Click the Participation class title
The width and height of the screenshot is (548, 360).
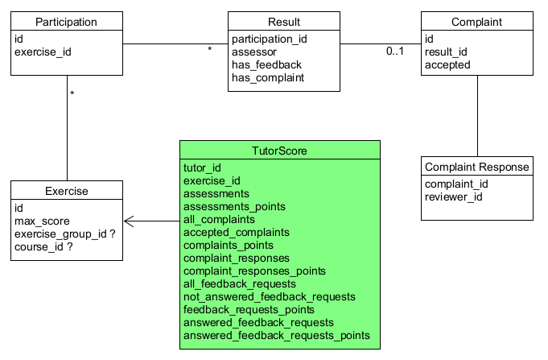click(x=66, y=22)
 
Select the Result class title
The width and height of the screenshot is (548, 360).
click(x=284, y=22)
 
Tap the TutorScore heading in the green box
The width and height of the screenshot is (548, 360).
click(x=279, y=151)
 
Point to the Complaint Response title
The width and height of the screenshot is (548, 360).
click(x=476, y=167)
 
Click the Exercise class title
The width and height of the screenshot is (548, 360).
click(x=67, y=191)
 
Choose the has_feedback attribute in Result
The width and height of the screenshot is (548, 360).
click(x=266, y=64)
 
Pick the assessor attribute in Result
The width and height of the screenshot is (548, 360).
click(x=254, y=52)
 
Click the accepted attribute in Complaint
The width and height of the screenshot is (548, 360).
click(x=447, y=64)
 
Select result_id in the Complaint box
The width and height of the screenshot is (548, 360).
click(x=446, y=52)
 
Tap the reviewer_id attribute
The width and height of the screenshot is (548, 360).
click(x=453, y=197)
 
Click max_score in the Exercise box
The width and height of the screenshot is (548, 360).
click(x=42, y=221)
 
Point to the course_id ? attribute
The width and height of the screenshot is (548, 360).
click(x=43, y=247)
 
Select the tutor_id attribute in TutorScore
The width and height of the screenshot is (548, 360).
click(x=202, y=168)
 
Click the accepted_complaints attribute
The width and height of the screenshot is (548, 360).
click(x=237, y=232)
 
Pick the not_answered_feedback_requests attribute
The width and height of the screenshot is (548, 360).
click(x=269, y=296)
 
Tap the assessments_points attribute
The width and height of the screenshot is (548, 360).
click(x=234, y=206)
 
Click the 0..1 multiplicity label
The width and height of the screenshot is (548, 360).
click(x=395, y=51)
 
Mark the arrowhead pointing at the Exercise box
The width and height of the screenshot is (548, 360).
click(x=129, y=221)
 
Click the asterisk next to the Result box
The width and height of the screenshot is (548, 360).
click(x=210, y=49)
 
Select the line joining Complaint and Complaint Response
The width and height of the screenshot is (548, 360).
click(x=477, y=116)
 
